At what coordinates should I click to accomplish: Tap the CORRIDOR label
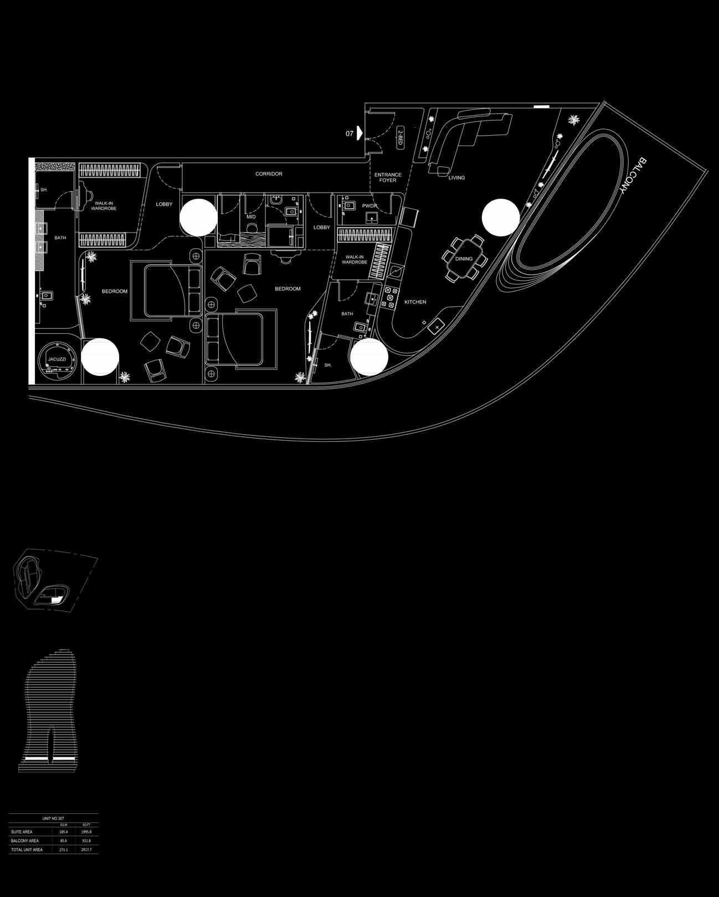[x=269, y=174]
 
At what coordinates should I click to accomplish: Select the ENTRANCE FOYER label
[x=388, y=178]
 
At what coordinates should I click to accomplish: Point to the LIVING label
[x=456, y=178]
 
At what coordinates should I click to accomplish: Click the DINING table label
[x=464, y=259]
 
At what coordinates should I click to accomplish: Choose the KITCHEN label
[x=415, y=302]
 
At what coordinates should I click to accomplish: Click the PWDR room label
[x=369, y=206]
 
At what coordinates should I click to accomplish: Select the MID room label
[x=251, y=216]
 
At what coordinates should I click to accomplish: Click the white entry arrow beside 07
[x=359, y=133]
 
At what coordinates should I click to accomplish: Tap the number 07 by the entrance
[x=349, y=133]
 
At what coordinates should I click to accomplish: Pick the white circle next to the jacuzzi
[x=100, y=357]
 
